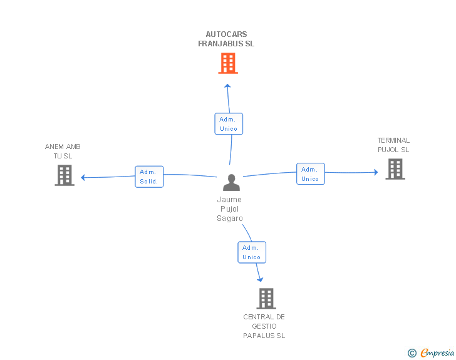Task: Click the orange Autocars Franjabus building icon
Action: [x=228, y=63]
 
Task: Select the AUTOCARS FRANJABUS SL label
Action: [x=226, y=39]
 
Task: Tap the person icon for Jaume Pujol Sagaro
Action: [x=231, y=182]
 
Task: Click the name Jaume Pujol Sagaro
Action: [x=229, y=209]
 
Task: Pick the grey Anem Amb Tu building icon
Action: [x=65, y=175]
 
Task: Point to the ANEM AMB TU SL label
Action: [x=63, y=151]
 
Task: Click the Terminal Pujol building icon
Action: [x=395, y=169]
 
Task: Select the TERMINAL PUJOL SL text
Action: [x=393, y=145]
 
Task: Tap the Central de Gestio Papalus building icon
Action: [x=266, y=299]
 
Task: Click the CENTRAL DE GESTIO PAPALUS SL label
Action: [x=264, y=326]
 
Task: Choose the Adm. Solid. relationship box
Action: [x=149, y=177]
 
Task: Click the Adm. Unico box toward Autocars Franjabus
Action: [x=229, y=123]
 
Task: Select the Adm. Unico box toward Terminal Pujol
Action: [x=310, y=174]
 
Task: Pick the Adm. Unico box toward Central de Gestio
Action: [x=252, y=252]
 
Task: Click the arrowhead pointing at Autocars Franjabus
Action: [x=227, y=85]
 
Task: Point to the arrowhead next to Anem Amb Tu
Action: [x=83, y=177]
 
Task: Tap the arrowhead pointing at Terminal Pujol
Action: [x=375, y=172]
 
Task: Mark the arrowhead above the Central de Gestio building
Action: [x=260, y=279]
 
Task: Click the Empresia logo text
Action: [x=437, y=352]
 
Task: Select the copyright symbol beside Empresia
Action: [x=412, y=353]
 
